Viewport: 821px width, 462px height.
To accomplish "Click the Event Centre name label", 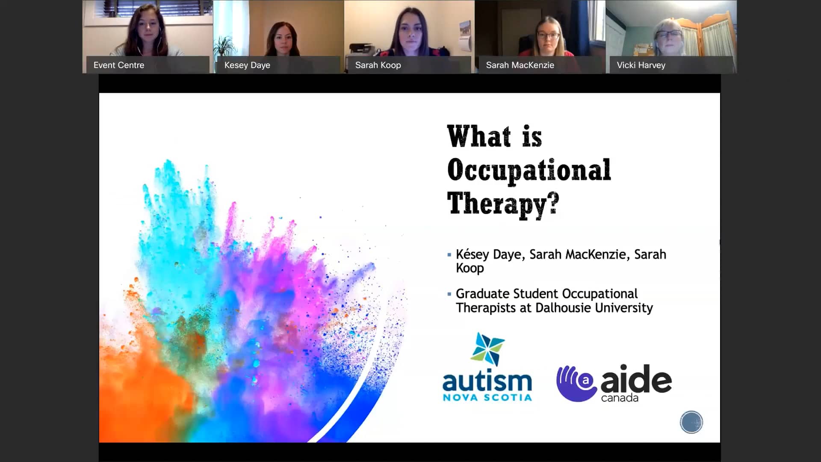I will click(119, 65).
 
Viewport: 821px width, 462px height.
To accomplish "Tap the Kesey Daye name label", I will click(247, 65).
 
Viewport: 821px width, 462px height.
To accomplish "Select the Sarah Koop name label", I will click(378, 65).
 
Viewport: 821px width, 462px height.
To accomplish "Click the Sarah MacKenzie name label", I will click(520, 65).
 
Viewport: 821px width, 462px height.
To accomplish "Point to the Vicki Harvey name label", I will click(641, 65).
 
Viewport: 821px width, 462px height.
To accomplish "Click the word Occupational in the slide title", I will click(529, 170).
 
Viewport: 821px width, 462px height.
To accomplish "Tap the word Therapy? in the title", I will click(503, 204).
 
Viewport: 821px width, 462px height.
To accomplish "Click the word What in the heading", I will click(479, 136).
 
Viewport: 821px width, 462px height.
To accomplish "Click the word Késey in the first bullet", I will click(472, 254).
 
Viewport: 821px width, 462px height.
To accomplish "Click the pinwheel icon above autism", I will click(488, 349).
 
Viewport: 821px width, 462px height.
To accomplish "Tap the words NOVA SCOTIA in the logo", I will click(487, 397).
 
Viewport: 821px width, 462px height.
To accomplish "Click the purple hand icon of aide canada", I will click(576, 383).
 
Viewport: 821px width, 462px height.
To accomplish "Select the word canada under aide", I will click(620, 398).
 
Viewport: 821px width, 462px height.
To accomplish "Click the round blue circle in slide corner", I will click(691, 422).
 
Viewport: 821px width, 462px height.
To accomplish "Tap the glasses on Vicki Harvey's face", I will click(669, 34).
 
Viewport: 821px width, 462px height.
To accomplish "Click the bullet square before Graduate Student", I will click(449, 294).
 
